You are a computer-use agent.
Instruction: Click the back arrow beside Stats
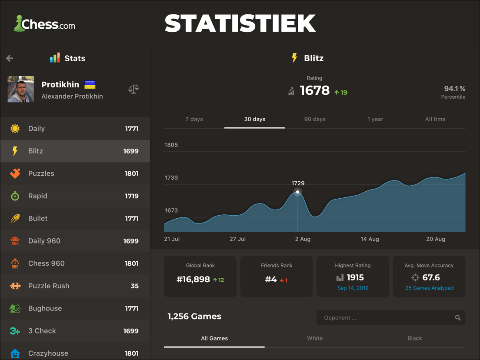[x=10, y=58]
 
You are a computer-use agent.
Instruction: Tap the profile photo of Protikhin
[x=21, y=89]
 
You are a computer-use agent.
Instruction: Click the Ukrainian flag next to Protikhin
[x=90, y=85]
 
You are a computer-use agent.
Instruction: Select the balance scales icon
[x=133, y=89]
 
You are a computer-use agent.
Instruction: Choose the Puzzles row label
[x=41, y=173]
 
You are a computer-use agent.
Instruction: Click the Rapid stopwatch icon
[x=15, y=196]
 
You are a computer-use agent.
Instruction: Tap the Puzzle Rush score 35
[x=135, y=286]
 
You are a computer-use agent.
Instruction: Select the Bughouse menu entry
[x=45, y=308]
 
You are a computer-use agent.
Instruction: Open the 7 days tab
[x=194, y=119]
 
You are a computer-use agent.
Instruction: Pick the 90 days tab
[x=315, y=119]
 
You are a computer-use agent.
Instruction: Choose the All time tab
[x=435, y=119]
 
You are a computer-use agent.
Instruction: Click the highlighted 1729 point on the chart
[x=298, y=192]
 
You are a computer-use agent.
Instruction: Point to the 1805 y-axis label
[x=171, y=145]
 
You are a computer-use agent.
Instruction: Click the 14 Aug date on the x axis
[x=370, y=239]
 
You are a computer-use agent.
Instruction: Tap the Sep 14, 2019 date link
[x=353, y=288]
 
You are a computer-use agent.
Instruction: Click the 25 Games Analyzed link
[x=429, y=288]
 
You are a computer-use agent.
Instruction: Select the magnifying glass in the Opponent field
[x=458, y=318]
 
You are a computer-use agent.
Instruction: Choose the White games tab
[x=315, y=338]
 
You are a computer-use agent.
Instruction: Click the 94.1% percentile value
[x=454, y=89]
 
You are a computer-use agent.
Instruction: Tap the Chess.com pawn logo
[x=19, y=23]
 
